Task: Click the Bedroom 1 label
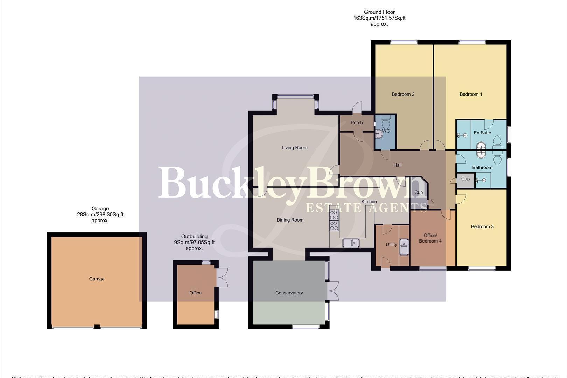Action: (471, 94)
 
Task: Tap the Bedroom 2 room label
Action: (403, 94)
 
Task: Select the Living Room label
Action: (294, 148)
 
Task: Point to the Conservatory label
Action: (289, 293)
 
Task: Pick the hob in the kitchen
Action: (334, 220)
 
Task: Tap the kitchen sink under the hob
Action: (351, 243)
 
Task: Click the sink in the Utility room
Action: (404, 246)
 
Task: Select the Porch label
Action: (357, 122)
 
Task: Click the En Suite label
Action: (482, 133)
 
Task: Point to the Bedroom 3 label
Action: (482, 226)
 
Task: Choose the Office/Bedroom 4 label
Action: (430, 238)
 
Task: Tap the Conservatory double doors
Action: (333, 291)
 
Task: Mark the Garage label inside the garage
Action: (97, 279)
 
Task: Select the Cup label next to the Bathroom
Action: (465, 179)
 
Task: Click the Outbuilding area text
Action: (194, 242)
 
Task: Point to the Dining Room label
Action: (290, 220)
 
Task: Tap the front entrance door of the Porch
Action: (357, 107)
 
